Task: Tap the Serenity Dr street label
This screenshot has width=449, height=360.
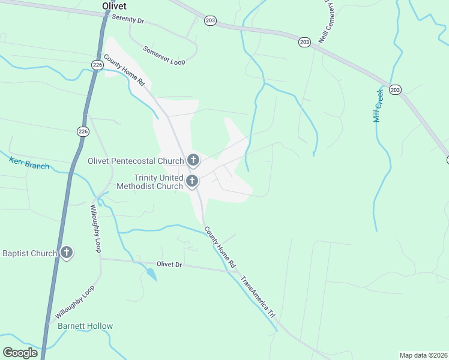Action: coord(128,20)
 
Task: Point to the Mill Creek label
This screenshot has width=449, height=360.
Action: coord(378,105)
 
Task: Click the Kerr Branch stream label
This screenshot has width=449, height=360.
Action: coord(29,162)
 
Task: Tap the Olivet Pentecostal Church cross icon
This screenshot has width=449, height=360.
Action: coord(193,160)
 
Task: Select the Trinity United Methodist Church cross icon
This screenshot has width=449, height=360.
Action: coord(192,181)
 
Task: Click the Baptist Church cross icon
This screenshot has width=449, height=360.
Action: coord(67,253)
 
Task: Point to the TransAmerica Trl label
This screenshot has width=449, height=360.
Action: coord(258,296)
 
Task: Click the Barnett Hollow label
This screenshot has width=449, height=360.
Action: coord(85,326)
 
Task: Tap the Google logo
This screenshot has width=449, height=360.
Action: coord(20,353)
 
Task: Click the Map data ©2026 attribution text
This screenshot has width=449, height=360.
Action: coord(423,355)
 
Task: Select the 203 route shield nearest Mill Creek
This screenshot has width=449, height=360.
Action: coord(394,89)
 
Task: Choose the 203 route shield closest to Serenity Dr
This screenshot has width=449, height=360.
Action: coord(209,20)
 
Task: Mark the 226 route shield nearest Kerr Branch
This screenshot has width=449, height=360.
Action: coord(83,131)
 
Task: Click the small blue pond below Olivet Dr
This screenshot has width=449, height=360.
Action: coord(151,274)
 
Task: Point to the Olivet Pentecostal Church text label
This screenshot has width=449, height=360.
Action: coord(136,161)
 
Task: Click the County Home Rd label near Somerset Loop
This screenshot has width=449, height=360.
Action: coord(124,71)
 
